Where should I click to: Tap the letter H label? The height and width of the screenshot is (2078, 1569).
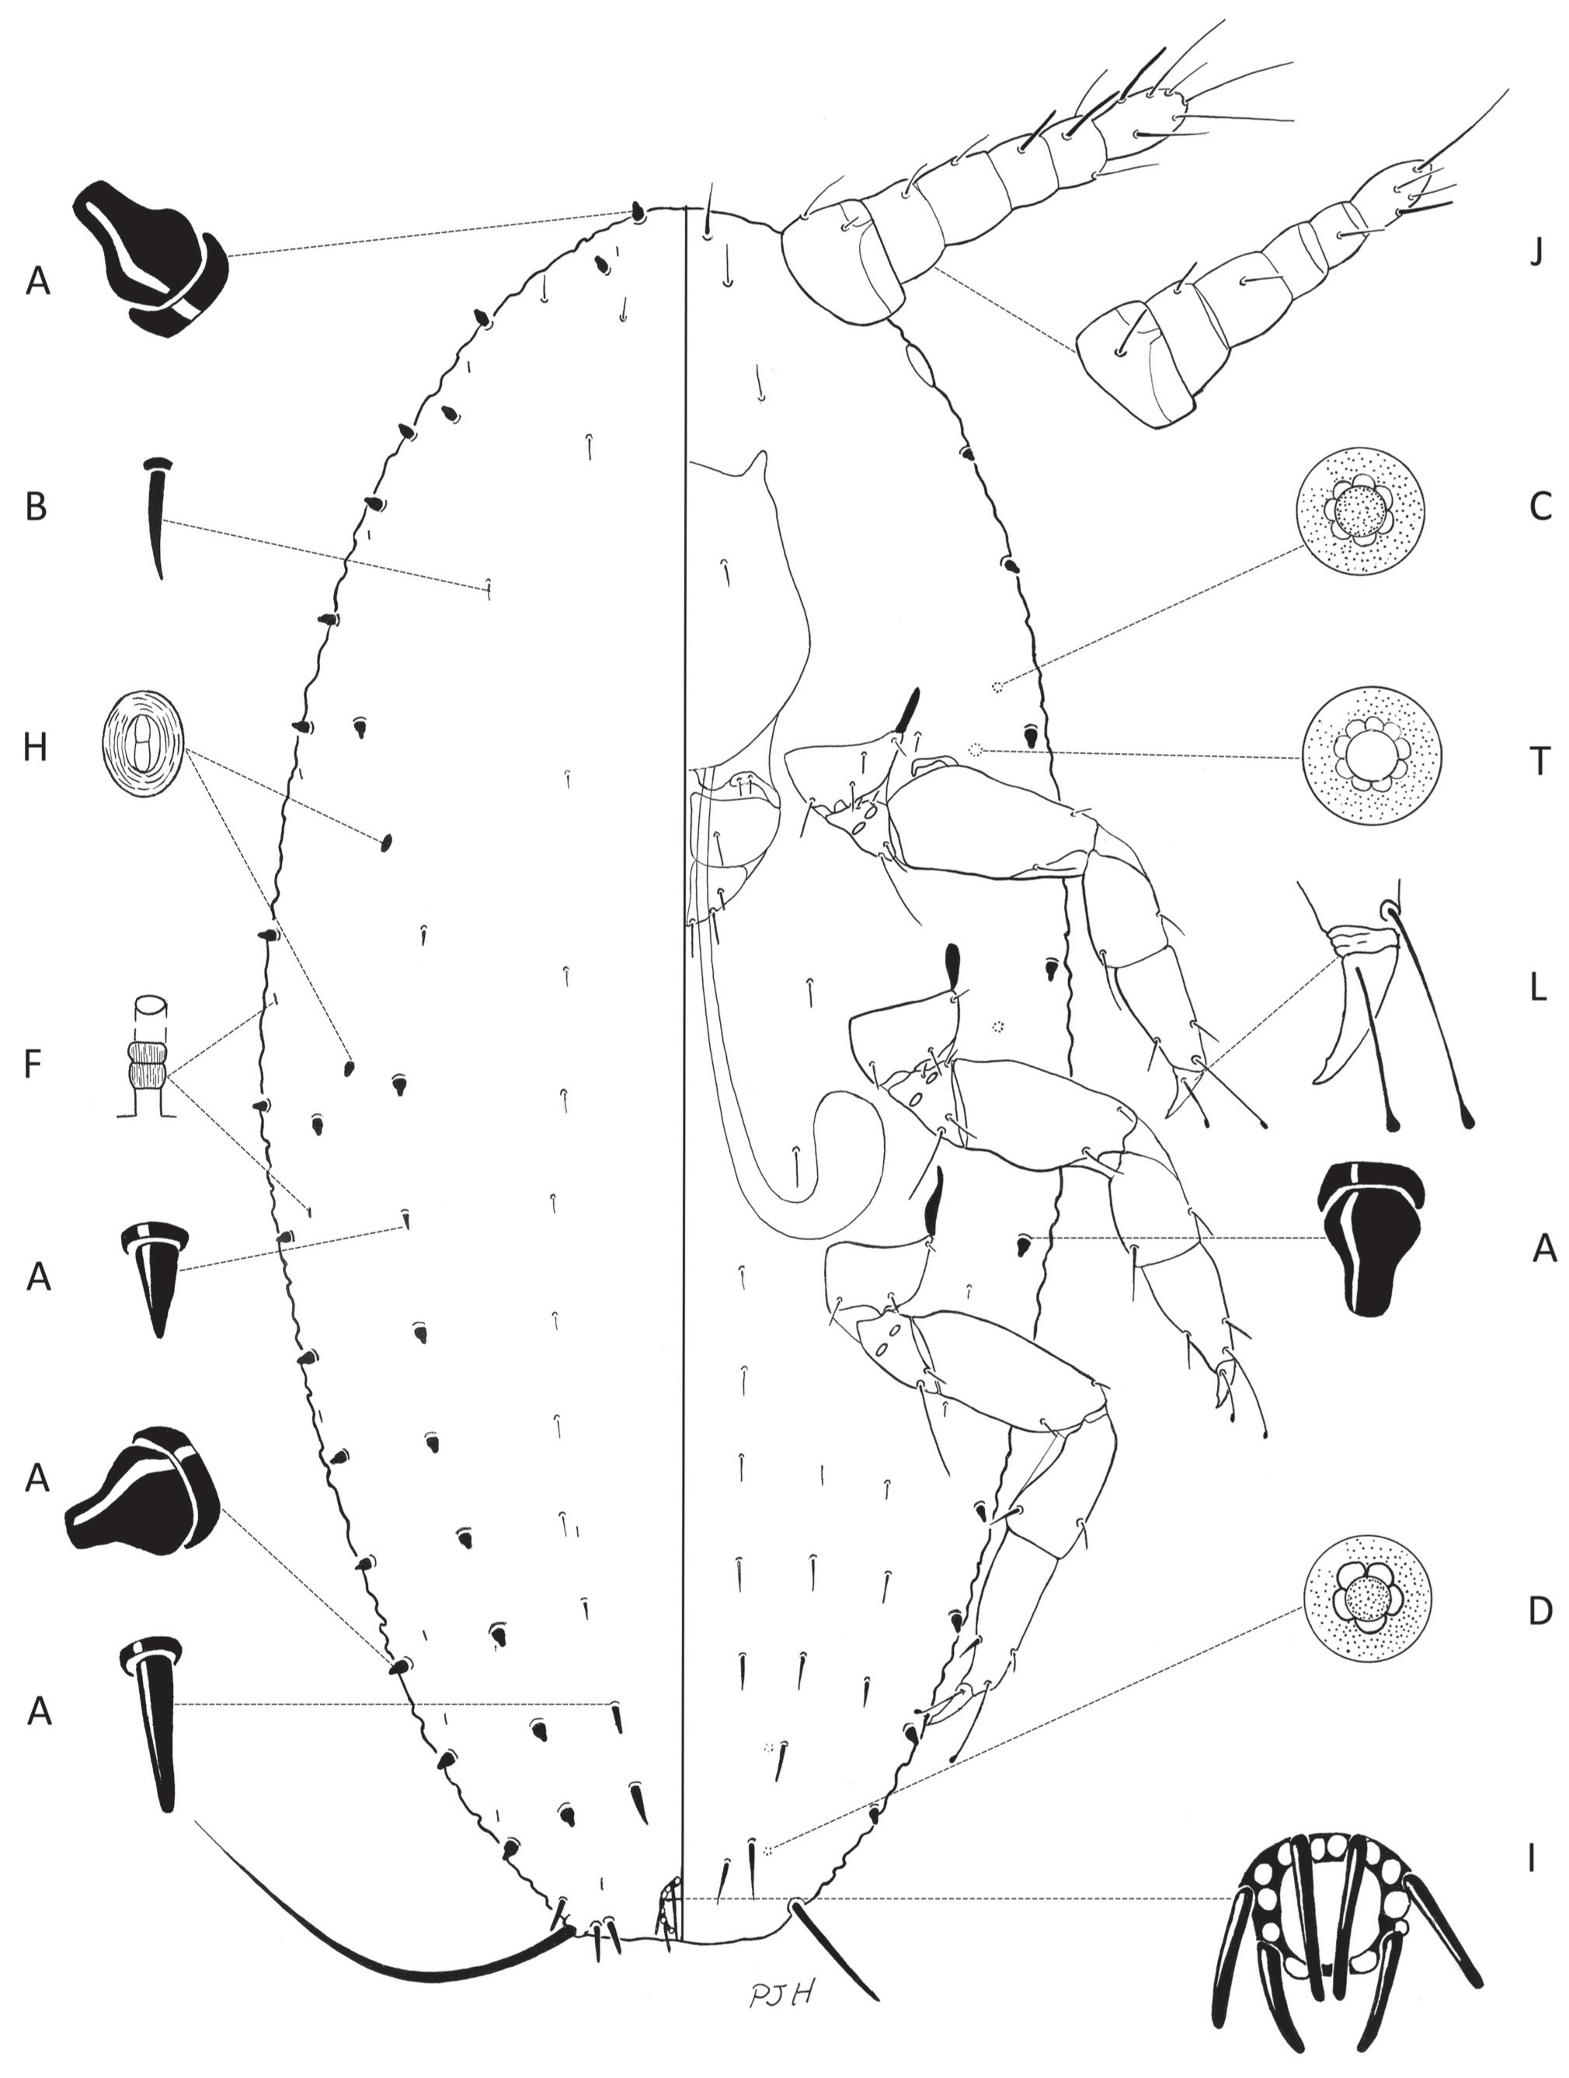(35, 748)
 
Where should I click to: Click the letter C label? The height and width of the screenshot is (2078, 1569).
(1540, 506)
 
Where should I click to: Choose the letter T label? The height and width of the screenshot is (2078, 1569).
(1539, 761)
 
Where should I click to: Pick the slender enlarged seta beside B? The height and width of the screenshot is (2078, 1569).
(158, 516)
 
